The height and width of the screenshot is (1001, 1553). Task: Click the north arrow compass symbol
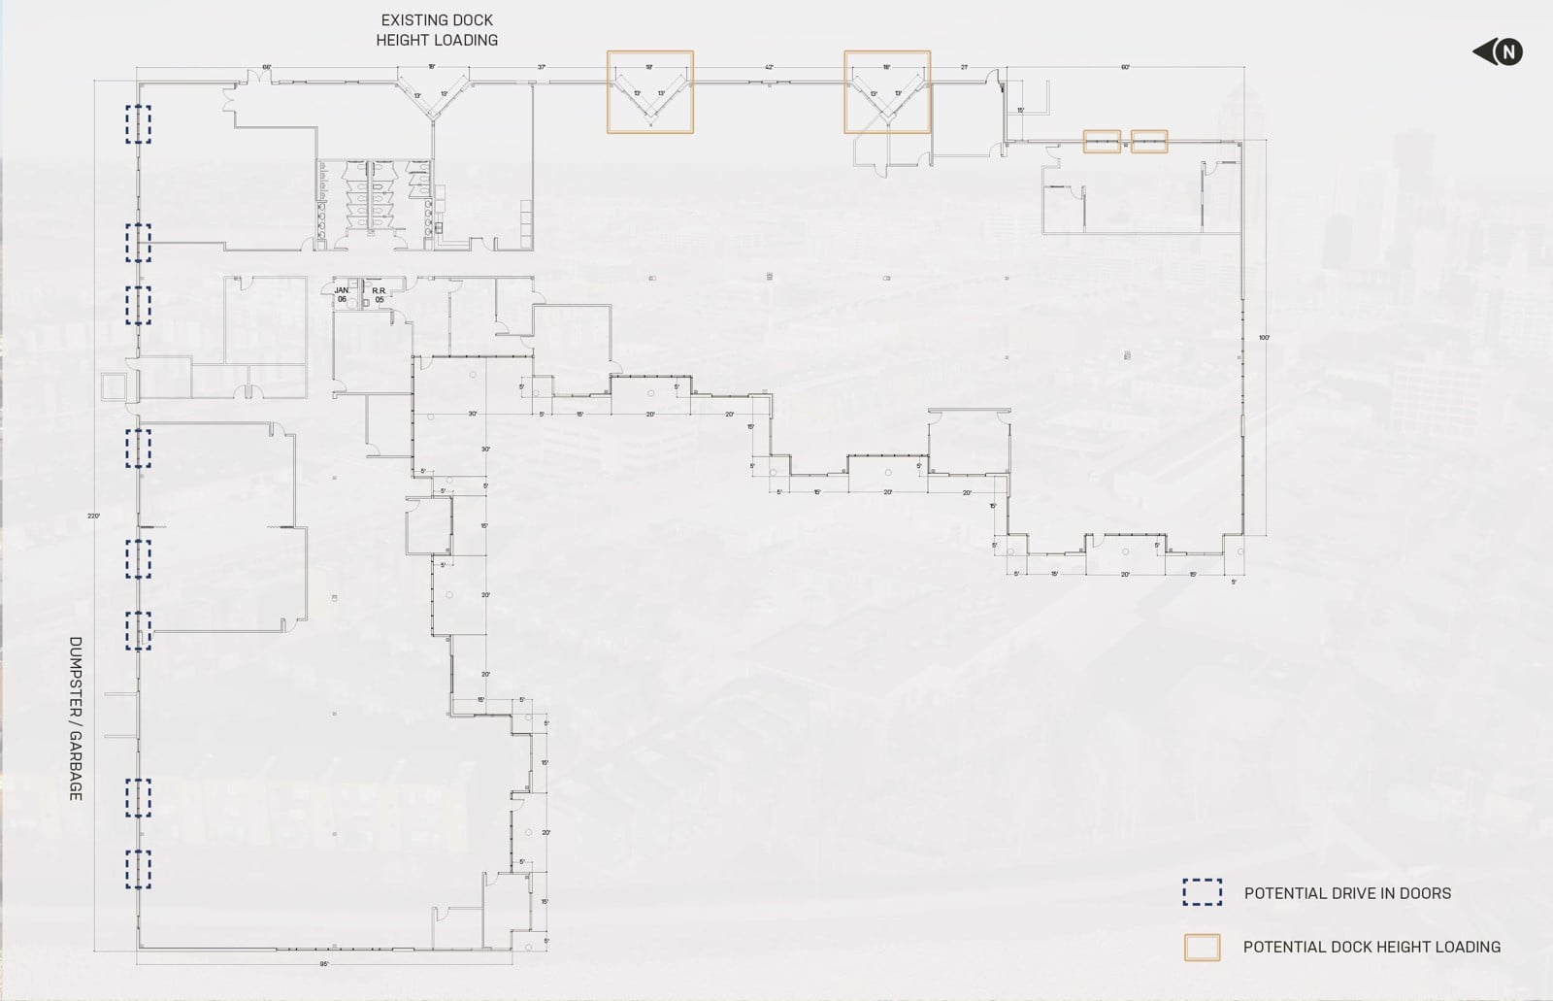tap(1499, 52)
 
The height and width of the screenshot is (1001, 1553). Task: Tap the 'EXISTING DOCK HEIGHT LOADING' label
tap(437, 30)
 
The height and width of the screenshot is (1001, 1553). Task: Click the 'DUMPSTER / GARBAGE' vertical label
tap(76, 718)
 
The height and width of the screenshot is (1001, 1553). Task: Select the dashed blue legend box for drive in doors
tap(1202, 893)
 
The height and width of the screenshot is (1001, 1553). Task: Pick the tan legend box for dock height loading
tap(1202, 947)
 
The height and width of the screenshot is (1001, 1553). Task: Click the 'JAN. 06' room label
tap(342, 295)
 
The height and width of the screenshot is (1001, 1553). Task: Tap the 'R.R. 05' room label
tap(380, 295)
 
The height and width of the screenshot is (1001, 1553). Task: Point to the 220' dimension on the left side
tap(93, 516)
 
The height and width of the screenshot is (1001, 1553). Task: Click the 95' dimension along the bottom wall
tap(324, 964)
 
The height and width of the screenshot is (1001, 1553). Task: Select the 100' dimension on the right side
tap(1264, 337)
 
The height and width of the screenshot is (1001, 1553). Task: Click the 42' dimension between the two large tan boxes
tap(769, 67)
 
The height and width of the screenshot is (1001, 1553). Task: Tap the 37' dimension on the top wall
tap(542, 67)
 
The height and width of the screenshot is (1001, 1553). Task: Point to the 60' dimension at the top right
tap(1125, 67)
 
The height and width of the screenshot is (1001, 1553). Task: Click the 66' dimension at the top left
tap(267, 67)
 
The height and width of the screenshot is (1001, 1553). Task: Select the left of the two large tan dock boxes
tap(650, 92)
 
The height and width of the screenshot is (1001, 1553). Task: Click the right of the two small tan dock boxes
tap(1149, 142)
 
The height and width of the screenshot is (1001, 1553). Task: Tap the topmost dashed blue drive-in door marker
tap(138, 124)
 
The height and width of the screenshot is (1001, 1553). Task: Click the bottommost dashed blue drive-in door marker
tap(138, 869)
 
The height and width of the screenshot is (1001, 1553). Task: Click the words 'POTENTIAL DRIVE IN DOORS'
tap(1347, 893)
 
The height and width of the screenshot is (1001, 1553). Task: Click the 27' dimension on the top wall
tap(964, 67)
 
